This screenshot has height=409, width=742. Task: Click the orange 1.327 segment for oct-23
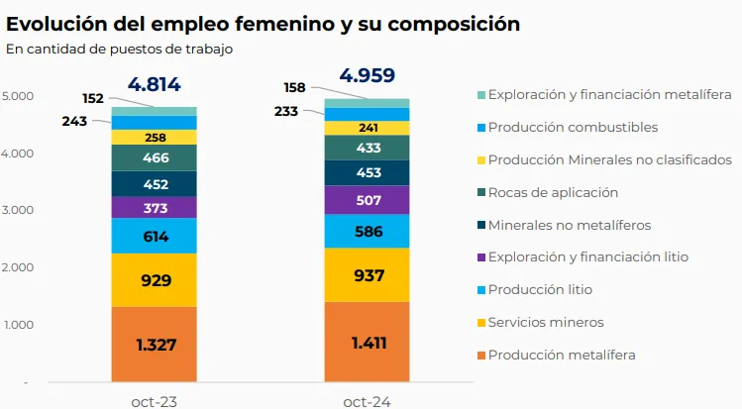tap(154, 345)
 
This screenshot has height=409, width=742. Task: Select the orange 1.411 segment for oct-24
tap(368, 343)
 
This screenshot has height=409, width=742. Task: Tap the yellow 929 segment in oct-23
tap(154, 280)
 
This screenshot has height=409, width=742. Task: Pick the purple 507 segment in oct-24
tap(368, 200)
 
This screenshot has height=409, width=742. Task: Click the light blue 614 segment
tap(154, 236)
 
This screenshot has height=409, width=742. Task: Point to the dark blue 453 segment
tap(368, 172)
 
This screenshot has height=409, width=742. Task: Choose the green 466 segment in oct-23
tap(154, 158)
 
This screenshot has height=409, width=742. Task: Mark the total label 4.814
tap(154, 85)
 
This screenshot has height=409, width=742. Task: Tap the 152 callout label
tap(94, 98)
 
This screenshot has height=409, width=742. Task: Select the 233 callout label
tap(288, 112)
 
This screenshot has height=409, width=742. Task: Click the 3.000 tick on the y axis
tap(18, 210)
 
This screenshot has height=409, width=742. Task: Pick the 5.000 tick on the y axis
tap(18, 96)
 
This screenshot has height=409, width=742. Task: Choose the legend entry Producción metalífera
tap(561, 355)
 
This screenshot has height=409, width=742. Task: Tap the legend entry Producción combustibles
tap(572, 127)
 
